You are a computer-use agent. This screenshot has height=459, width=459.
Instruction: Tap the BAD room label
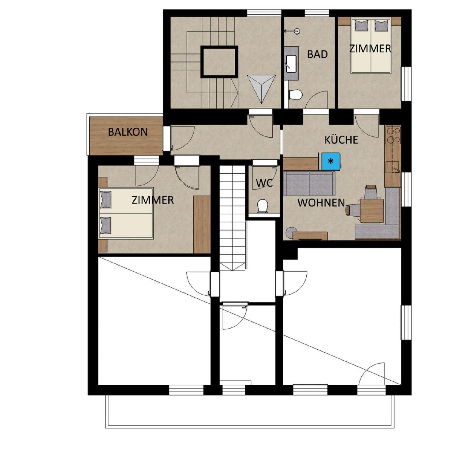click(x=317, y=54)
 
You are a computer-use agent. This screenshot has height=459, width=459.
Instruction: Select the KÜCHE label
click(x=341, y=140)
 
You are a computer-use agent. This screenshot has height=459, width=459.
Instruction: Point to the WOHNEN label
click(x=321, y=203)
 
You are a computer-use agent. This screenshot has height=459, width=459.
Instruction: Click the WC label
click(x=264, y=183)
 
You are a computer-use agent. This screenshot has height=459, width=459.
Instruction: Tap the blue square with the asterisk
click(x=331, y=161)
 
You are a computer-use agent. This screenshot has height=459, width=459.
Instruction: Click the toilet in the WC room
click(x=263, y=206)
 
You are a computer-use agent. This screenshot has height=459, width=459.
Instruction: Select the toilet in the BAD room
click(x=295, y=95)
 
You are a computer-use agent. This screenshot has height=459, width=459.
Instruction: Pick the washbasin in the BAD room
click(x=291, y=64)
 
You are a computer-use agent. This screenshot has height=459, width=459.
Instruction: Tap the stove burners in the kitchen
click(x=393, y=135)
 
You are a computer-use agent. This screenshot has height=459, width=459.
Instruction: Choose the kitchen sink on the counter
click(x=393, y=167)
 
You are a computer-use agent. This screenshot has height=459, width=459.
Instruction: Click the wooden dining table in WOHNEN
click(x=372, y=211)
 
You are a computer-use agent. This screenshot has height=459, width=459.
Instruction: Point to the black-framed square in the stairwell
click(x=219, y=62)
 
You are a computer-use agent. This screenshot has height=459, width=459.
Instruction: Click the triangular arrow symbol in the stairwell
click(x=261, y=89)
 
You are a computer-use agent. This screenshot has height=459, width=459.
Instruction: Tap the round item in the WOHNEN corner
click(x=291, y=233)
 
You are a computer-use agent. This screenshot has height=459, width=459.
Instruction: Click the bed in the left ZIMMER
click(x=126, y=213)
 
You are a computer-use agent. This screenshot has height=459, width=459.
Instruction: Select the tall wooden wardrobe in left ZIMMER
click(x=202, y=225)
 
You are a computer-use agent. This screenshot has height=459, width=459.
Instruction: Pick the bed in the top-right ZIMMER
click(x=371, y=46)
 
